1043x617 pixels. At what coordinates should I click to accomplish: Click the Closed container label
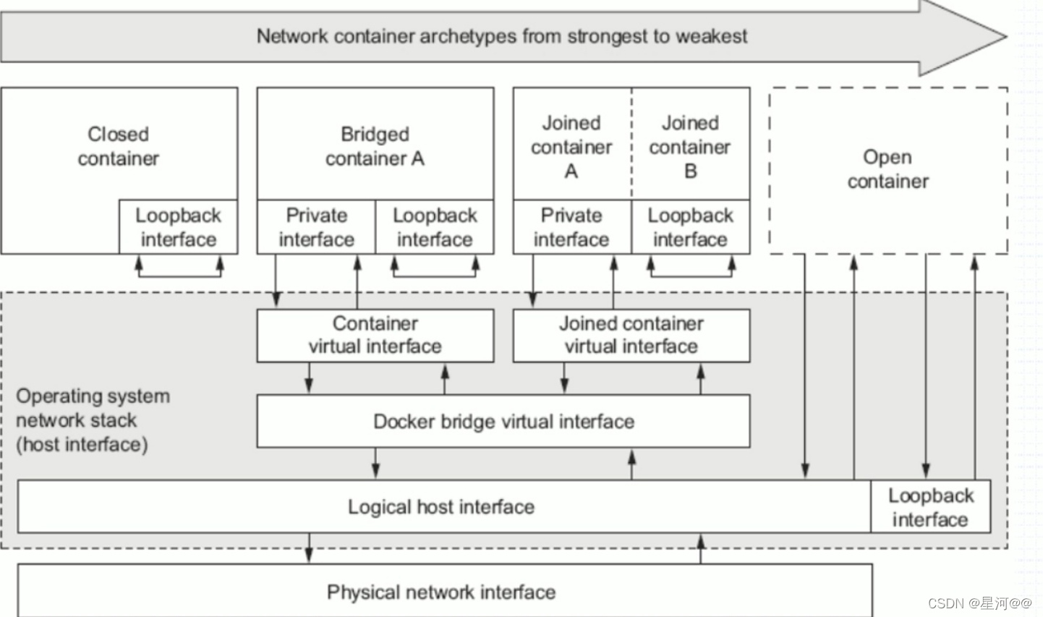118,146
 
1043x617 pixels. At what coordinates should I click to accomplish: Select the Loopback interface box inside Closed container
178,227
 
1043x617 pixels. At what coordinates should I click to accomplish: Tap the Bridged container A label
375,146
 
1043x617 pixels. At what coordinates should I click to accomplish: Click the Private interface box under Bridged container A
316,227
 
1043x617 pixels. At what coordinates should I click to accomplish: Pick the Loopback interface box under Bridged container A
435,227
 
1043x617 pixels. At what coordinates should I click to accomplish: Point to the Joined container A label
571,147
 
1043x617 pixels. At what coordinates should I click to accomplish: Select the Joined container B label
690,147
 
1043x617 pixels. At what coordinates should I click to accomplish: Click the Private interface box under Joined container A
571,227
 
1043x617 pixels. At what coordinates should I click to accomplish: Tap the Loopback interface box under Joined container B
690,227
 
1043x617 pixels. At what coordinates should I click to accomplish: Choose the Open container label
887,169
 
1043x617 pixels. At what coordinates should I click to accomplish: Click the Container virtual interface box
375,335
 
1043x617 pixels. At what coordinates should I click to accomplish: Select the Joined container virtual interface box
631,335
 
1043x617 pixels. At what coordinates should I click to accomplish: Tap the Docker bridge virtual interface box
503,421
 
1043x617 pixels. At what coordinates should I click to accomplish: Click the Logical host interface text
440,506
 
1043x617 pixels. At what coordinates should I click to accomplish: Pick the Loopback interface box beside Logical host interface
930,507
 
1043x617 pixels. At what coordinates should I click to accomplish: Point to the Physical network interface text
440,592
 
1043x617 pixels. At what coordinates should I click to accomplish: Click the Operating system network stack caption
93,420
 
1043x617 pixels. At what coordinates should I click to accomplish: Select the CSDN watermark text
979,603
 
